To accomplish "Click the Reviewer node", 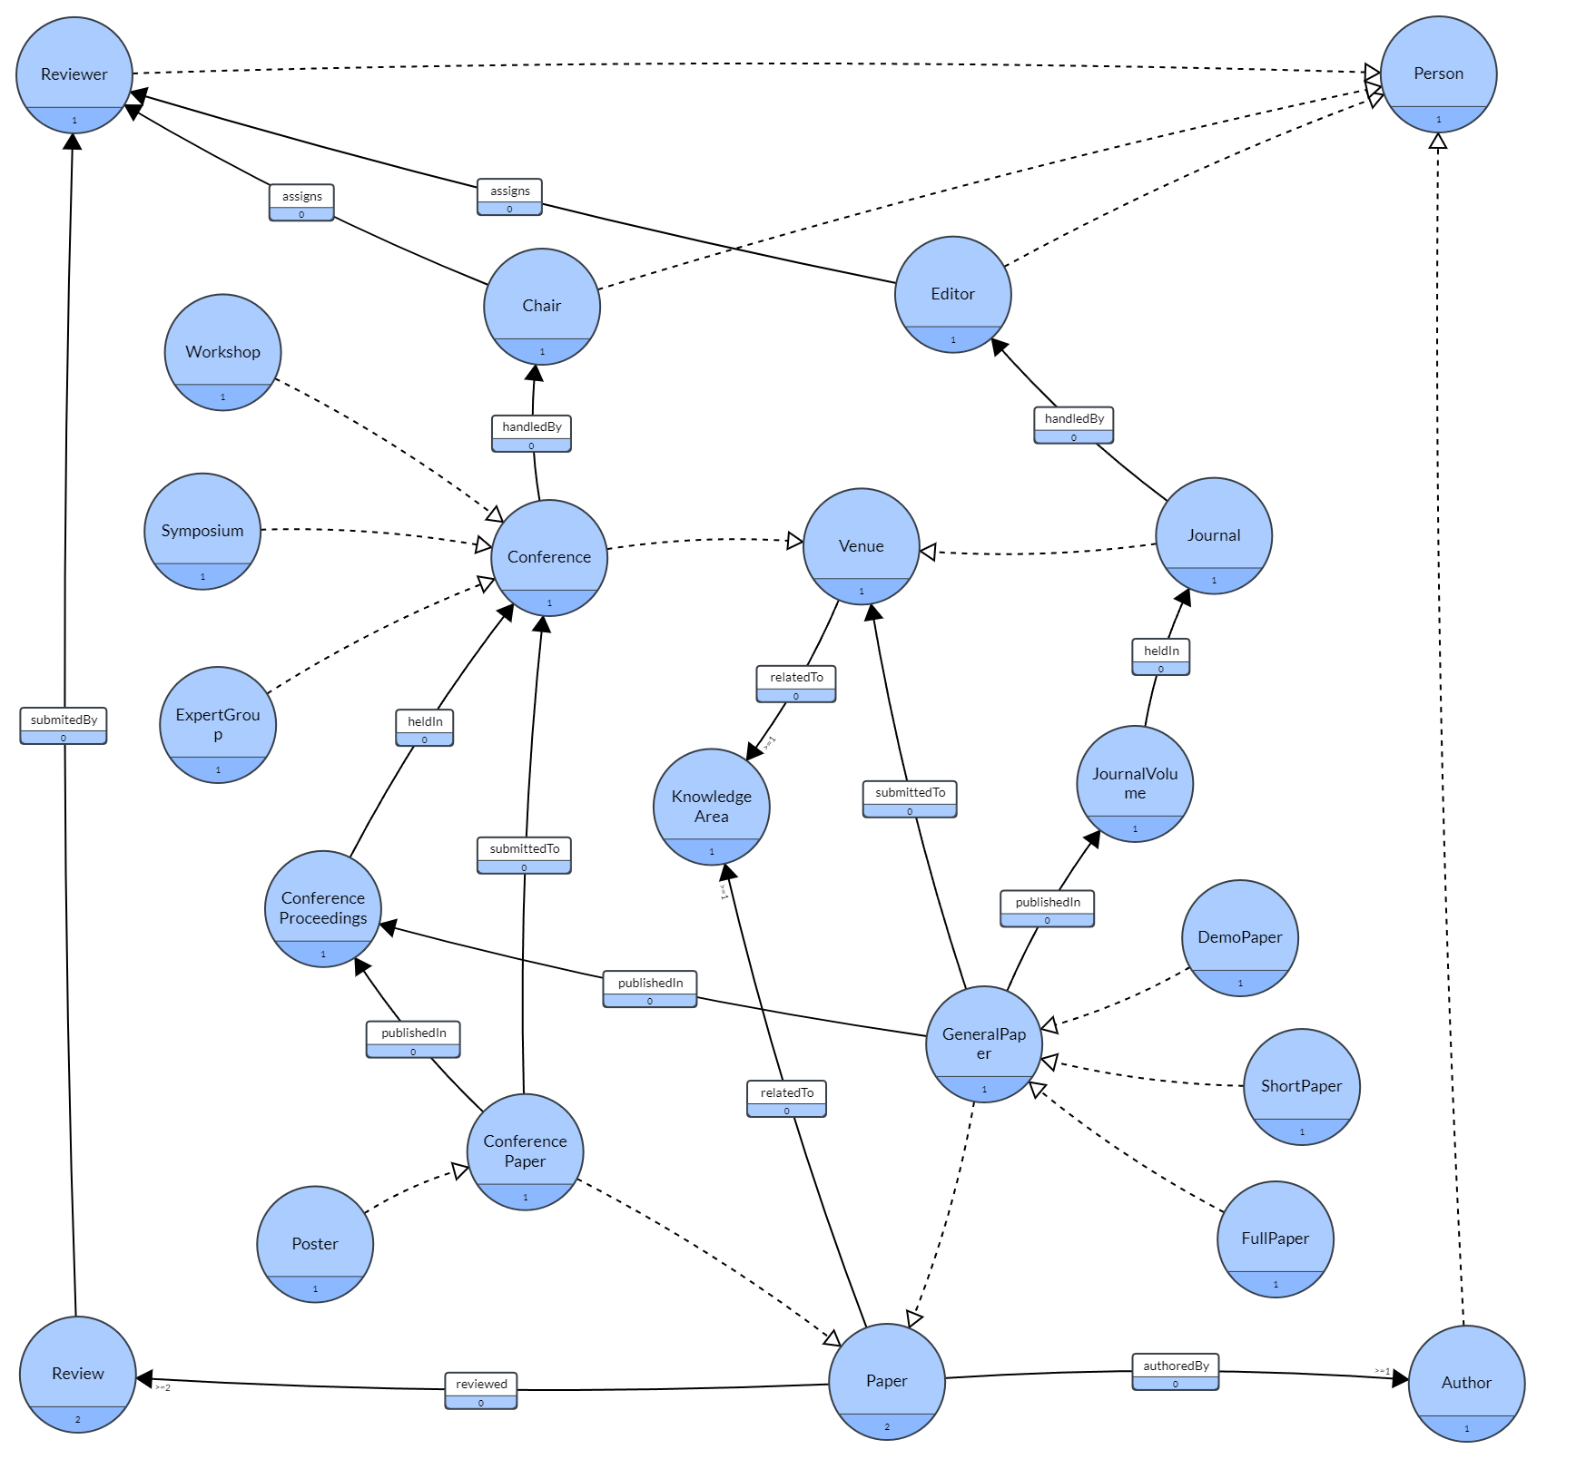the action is (x=74, y=75).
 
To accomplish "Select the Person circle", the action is (x=1438, y=74).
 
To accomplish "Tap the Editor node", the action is (x=952, y=295).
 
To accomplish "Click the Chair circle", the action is (x=542, y=307).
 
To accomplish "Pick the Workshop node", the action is (x=222, y=352).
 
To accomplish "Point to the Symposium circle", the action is (x=202, y=532).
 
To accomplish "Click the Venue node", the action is (x=861, y=546).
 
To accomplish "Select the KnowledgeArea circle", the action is (x=711, y=807).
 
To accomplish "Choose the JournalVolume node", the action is (x=1135, y=784).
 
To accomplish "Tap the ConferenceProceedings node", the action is (x=323, y=908).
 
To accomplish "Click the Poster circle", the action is (x=315, y=1244).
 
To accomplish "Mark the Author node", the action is (x=1466, y=1383).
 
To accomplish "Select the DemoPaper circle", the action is (x=1239, y=937).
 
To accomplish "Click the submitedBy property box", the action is (x=64, y=726).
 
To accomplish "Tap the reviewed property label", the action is (x=481, y=1390).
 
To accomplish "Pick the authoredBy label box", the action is (x=1176, y=1372).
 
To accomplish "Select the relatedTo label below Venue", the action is (x=796, y=683).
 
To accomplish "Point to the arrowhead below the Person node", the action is (x=1438, y=142).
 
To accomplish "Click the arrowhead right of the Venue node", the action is (x=929, y=552).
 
